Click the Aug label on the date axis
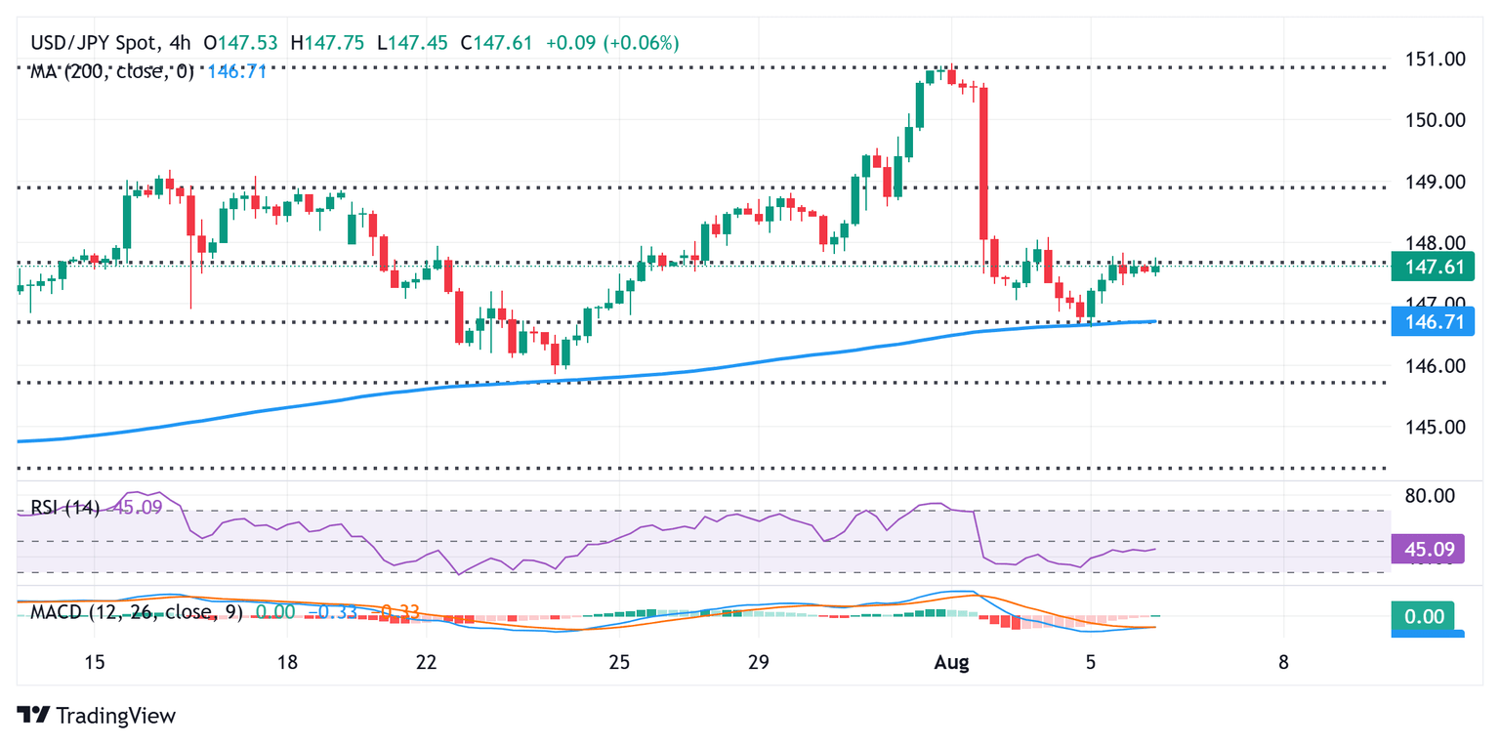coord(951,662)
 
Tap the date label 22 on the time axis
coord(425,662)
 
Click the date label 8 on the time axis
coord(1283,662)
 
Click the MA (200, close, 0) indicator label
coord(111,71)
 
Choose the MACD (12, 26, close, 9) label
coord(131,611)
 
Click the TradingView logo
coord(97,715)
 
